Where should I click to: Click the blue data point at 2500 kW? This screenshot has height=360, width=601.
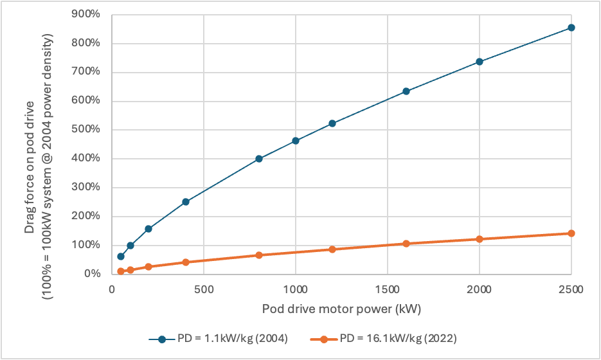click(x=571, y=28)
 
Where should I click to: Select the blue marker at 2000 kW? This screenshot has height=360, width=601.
click(x=479, y=62)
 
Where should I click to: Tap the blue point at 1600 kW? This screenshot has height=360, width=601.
click(x=406, y=91)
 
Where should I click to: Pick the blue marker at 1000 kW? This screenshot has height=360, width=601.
click(x=296, y=141)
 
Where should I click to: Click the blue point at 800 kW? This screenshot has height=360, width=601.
click(x=259, y=159)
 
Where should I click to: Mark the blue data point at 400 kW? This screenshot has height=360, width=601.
click(x=186, y=202)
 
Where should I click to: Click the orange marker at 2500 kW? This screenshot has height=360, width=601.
click(x=571, y=233)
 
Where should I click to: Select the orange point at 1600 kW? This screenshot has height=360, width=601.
click(x=406, y=244)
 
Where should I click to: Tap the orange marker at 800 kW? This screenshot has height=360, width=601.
click(x=259, y=255)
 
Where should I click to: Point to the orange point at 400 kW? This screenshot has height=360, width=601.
click(x=186, y=262)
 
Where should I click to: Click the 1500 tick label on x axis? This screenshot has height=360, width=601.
click(x=387, y=289)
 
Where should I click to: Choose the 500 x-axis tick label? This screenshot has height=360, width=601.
click(x=204, y=289)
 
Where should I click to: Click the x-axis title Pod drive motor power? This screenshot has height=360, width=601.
click(x=341, y=309)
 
